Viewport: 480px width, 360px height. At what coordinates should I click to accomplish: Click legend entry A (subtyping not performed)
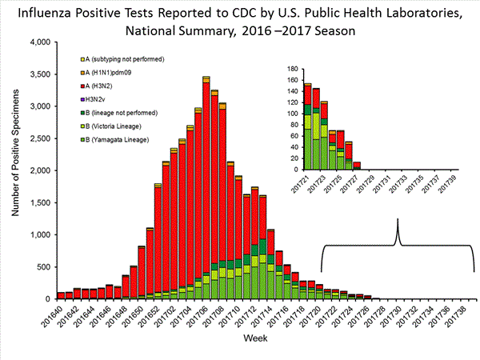click(x=123, y=59)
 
